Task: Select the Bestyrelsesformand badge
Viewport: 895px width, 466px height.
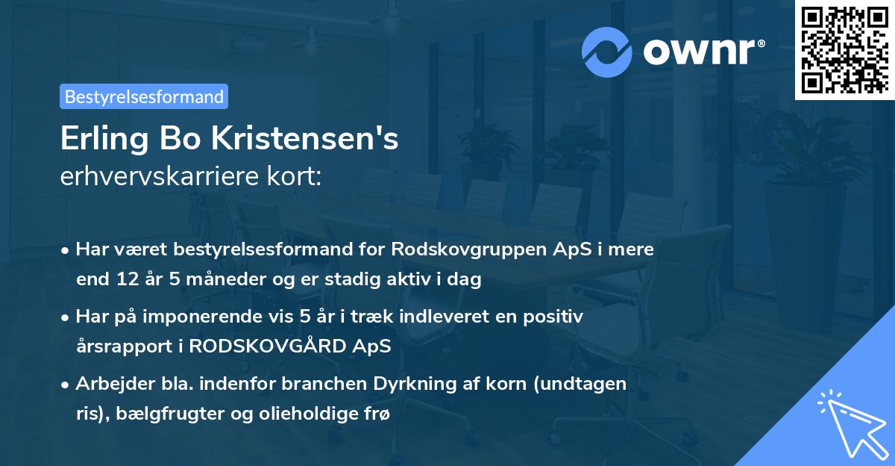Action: click(x=144, y=96)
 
